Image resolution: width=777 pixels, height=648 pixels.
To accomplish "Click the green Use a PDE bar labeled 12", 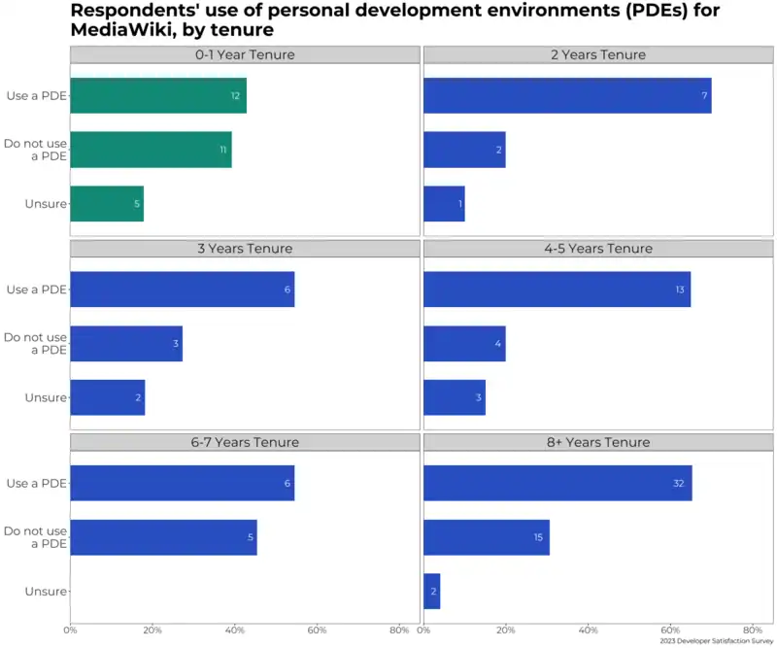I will coord(157,95).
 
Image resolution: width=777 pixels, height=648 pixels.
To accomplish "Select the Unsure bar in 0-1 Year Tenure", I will coord(107,204).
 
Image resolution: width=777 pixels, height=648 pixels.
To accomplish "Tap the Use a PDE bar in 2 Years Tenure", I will coord(567,95).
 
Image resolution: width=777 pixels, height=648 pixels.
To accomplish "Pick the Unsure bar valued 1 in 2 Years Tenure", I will coord(444,204).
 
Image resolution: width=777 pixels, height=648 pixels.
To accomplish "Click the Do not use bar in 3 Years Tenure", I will coord(126,344).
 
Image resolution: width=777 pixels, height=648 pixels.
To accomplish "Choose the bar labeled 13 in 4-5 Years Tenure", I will coord(557,290).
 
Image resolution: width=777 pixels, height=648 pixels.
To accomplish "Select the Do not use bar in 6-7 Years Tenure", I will coord(163,537).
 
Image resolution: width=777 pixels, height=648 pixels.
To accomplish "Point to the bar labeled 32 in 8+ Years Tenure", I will coord(557,483).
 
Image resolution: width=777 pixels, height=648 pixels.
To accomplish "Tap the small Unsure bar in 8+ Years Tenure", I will coord(432,592).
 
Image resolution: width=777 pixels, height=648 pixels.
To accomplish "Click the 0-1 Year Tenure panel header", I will coord(245,54).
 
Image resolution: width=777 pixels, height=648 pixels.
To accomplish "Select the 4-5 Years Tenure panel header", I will coord(598,249).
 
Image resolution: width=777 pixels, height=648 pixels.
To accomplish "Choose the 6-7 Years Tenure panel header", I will coord(245,442).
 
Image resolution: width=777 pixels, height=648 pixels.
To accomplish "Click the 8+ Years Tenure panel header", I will coord(598,442).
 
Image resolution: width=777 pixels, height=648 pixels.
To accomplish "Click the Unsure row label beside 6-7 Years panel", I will coord(46,592).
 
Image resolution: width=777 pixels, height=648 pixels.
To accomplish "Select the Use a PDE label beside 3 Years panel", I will coord(37,290).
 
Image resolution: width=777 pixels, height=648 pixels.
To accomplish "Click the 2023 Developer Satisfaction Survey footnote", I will coord(716,641).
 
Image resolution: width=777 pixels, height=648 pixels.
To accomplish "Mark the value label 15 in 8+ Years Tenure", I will coord(538,537).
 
